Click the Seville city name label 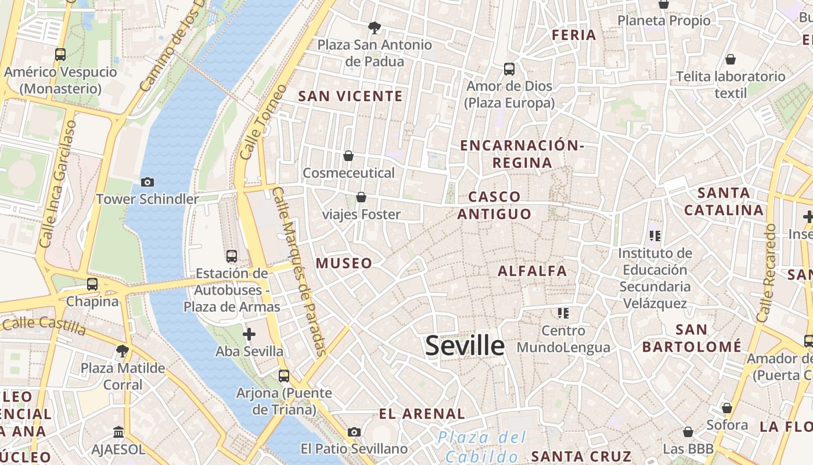(465, 346)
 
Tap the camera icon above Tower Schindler (148, 182)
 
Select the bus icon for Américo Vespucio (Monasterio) (60, 55)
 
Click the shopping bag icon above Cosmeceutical (348, 156)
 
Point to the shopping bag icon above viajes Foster (361, 198)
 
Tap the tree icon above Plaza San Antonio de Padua (375, 27)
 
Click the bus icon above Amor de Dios (509, 69)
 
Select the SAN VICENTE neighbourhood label (350, 96)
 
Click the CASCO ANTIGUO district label (494, 205)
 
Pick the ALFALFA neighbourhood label (532, 271)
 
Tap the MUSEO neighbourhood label (344, 263)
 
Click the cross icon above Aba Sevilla (249, 334)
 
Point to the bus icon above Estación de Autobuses (232, 256)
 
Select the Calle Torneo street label (264, 123)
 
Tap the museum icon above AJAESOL (119, 432)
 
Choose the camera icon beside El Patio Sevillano (354, 432)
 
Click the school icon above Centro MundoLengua (563, 313)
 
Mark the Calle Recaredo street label (766, 273)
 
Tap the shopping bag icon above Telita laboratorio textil (731, 59)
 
